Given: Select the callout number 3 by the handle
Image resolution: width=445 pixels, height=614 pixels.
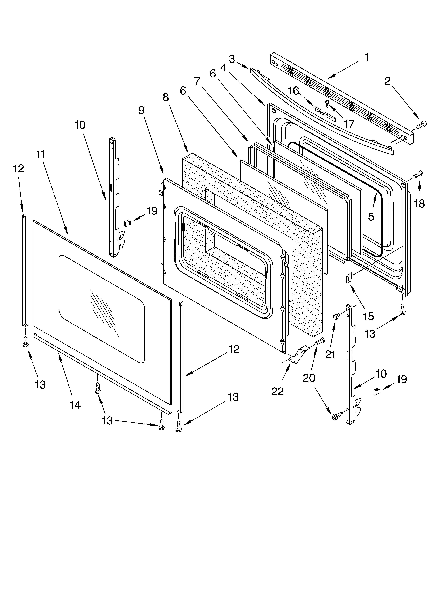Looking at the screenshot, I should click(232, 59).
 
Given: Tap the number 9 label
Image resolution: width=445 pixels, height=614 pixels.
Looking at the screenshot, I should click(141, 111).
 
